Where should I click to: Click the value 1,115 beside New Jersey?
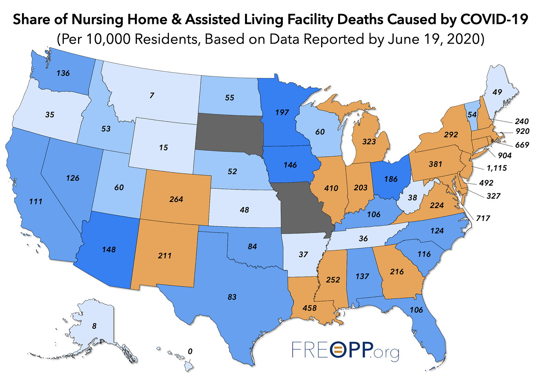(x=497, y=168)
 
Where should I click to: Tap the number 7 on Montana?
(x=152, y=95)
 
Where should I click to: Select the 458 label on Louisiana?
(x=310, y=308)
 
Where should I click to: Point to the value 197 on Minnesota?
(x=282, y=112)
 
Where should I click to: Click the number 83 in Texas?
(x=232, y=297)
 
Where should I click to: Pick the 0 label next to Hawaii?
(x=190, y=352)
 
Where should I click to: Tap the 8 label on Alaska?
(x=94, y=326)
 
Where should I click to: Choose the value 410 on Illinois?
(x=331, y=188)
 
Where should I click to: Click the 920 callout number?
(x=522, y=131)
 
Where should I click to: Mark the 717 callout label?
(x=483, y=219)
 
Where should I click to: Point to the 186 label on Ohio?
(x=391, y=179)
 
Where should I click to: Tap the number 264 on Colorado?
(x=176, y=199)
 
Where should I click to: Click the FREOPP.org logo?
(x=345, y=351)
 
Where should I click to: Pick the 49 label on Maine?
(x=497, y=92)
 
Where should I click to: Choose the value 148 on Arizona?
(x=109, y=249)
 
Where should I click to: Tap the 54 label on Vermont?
(x=472, y=115)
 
